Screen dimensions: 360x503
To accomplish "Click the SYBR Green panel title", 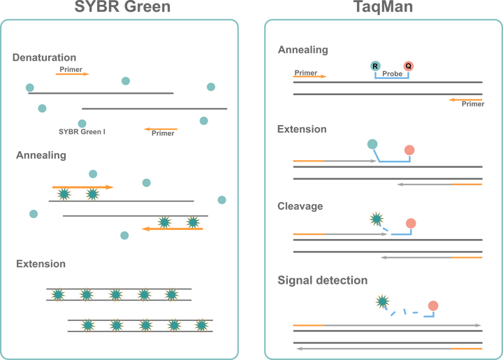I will click(x=122, y=7).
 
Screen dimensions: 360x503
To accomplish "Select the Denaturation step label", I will click(x=44, y=57).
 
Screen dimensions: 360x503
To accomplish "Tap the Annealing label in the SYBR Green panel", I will click(x=41, y=155).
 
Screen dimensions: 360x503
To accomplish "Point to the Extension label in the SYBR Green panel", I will click(x=41, y=264).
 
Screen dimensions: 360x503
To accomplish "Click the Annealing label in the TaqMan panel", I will click(x=302, y=50).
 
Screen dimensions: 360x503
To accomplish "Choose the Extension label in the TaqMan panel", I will click(x=302, y=129).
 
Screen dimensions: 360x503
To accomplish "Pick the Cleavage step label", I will click(x=300, y=207).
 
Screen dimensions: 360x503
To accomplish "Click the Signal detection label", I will click(x=322, y=280).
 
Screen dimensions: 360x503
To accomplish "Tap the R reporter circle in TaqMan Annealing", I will click(x=375, y=66).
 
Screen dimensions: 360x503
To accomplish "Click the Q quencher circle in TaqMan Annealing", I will click(x=409, y=66).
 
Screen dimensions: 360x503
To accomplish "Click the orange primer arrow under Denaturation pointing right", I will click(x=72, y=73).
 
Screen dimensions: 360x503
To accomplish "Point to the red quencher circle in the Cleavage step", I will click(x=411, y=223).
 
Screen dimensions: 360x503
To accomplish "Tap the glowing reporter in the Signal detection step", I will click(x=382, y=302).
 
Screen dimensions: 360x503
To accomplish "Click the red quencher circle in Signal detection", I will click(x=432, y=305).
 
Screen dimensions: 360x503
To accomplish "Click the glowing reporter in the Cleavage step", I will click(x=377, y=219).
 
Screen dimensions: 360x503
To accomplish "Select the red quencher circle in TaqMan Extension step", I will click(x=409, y=149).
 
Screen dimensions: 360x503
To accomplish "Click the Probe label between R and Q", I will click(x=392, y=72).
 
